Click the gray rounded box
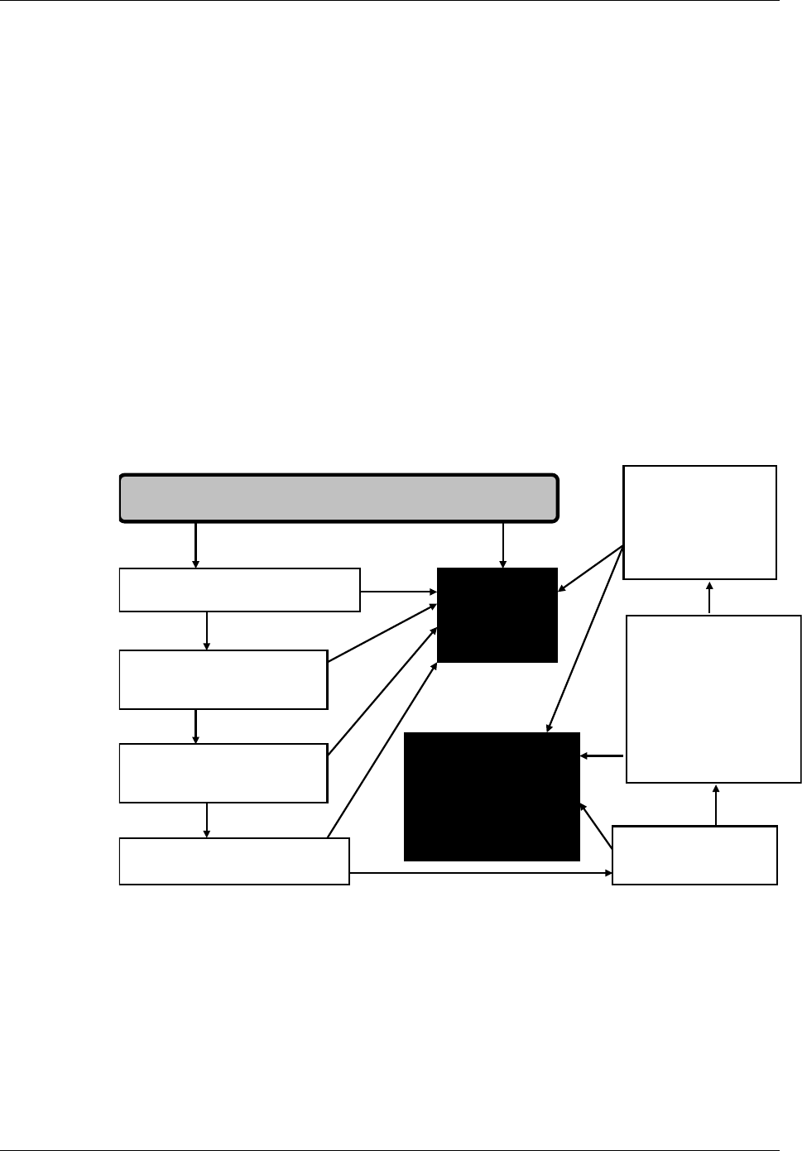[x=339, y=498]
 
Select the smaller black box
[x=497, y=615]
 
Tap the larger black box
[x=492, y=796]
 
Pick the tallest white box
[x=713, y=698]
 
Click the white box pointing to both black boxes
[x=699, y=522]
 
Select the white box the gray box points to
[x=240, y=590]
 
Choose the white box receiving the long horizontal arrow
[x=694, y=855]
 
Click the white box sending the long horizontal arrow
[x=234, y=861]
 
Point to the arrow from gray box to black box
[x=503, y=545]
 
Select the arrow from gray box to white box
[x=195, y=545]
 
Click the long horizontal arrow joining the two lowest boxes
[x=480, y=873]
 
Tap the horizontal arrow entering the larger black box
[x=603, y=755]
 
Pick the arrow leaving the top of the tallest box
[x=709, y=597]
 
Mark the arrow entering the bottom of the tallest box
[x=716, y=803]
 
